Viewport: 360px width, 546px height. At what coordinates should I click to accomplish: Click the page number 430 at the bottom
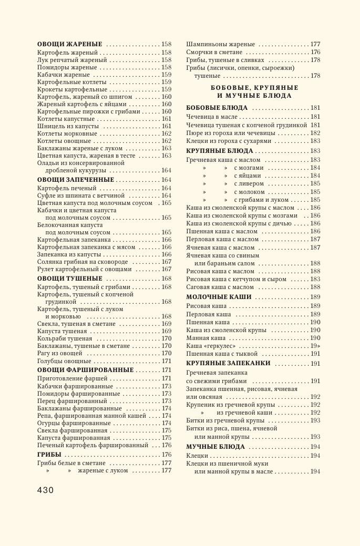45,490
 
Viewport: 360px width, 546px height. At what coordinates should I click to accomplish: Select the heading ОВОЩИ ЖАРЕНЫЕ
70,45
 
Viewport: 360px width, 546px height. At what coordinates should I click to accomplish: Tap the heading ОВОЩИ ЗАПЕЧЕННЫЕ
76,180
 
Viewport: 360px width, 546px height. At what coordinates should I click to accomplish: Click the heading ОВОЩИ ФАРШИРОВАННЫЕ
85,370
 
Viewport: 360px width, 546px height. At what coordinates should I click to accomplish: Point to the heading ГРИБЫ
49,455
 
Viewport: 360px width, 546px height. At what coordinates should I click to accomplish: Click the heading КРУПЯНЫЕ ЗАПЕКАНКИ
228,363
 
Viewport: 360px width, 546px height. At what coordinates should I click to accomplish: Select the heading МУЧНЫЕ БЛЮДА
215,447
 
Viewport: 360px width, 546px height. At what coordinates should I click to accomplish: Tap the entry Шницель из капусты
68,126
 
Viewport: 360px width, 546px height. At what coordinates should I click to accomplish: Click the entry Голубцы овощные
64,362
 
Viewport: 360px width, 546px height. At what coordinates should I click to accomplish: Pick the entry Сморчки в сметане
214,53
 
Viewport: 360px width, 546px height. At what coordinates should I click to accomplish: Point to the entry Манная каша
206,338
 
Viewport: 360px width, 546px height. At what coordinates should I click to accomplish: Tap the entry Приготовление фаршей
72,378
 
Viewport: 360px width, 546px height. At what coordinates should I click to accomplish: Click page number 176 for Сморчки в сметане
315,53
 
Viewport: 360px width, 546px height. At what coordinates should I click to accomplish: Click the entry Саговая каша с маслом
220,287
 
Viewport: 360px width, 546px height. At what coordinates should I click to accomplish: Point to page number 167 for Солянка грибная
167,262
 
